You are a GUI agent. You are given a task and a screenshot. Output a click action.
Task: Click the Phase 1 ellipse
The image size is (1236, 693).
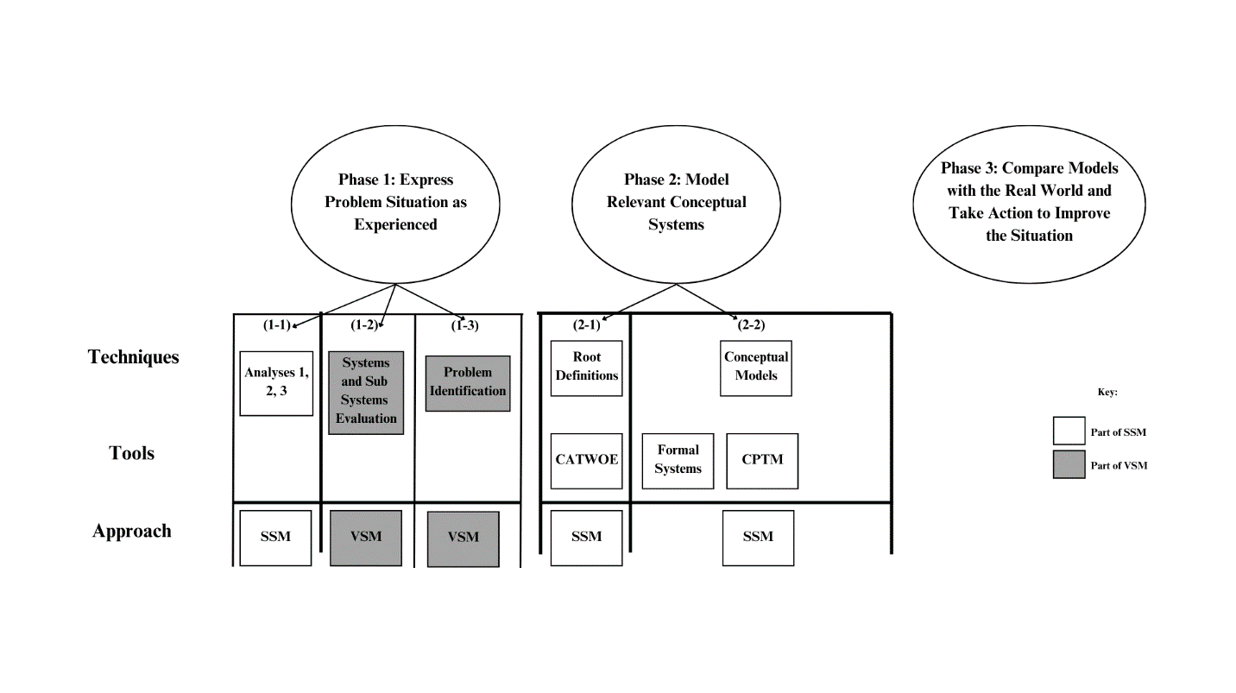395,202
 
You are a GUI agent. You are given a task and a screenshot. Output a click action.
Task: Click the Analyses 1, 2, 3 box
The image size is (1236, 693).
276,382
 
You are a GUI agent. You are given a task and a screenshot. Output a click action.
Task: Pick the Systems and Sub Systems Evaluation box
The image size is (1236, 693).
366,392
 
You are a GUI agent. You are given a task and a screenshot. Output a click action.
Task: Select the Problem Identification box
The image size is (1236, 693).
468,382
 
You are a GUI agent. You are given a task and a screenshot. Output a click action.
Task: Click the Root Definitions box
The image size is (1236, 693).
586,367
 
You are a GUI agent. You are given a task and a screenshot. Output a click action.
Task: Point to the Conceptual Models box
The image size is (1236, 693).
755,367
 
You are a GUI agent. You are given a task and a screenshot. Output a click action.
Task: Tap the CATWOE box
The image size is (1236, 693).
586,460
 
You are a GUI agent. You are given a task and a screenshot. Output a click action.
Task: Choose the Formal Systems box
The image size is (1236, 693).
678,460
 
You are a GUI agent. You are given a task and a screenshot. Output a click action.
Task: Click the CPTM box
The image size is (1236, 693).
762,460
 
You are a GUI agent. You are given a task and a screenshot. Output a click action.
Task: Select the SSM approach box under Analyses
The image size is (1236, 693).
275,537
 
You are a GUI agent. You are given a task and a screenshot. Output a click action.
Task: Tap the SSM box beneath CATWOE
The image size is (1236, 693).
586,537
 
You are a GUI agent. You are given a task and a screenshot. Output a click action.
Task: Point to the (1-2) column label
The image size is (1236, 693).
364,325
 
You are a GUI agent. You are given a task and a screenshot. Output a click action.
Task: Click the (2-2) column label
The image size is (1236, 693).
750,325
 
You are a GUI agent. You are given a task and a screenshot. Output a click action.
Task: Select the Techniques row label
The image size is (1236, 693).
134,357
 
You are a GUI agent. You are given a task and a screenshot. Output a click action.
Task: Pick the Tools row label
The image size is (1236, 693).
132,453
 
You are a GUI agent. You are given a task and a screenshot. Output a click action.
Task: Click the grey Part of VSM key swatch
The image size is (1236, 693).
1069,464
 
